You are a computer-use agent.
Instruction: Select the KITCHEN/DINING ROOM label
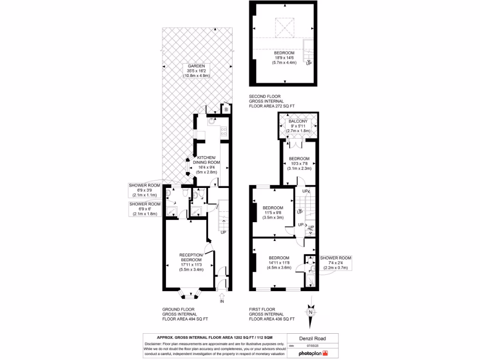coord(206,165)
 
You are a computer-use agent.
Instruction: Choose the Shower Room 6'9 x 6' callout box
coord(145,209)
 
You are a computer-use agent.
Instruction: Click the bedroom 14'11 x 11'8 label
coord(279,263)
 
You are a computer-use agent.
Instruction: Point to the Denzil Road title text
coord(313,338)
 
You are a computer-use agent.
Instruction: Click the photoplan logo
coord(313,352)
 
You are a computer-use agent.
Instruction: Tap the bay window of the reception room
coord(189,294)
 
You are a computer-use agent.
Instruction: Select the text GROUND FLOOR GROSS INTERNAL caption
coord(185,314)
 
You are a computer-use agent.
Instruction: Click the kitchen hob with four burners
coord(224,132)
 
